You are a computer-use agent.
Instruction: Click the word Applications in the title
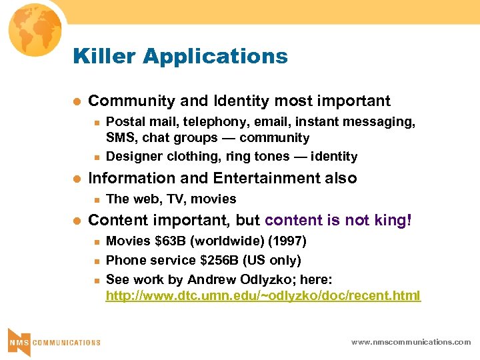215,57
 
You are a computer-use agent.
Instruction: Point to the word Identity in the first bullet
241,101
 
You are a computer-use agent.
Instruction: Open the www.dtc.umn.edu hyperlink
263,295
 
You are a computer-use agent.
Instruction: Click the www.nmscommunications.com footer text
411,342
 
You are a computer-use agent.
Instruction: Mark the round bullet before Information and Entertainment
77,179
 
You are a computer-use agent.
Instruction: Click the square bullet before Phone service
97,260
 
